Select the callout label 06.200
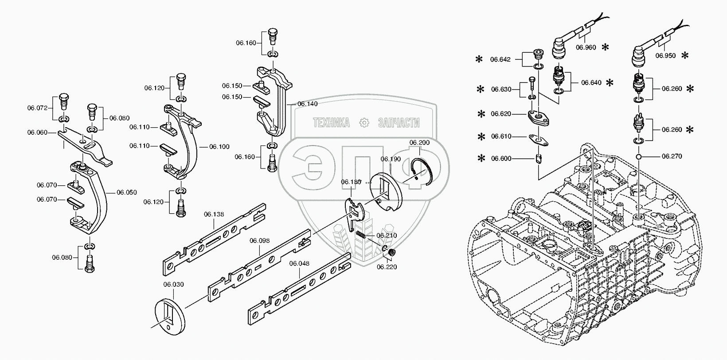pos(419,143)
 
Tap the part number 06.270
pos(672,156)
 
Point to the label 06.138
pos(214,214)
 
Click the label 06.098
pos(259,240)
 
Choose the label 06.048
pos(299,263)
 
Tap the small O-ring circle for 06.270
pos(638,157)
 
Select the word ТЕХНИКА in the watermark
pos(331,123)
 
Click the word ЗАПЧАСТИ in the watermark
pos(399,123)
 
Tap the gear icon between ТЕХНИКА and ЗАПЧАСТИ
pos(363,123)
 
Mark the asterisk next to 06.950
pos(685,55)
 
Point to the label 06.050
pos(127,192)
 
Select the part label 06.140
pos(308,104)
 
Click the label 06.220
pos(387,267)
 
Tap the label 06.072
pos(37,107)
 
